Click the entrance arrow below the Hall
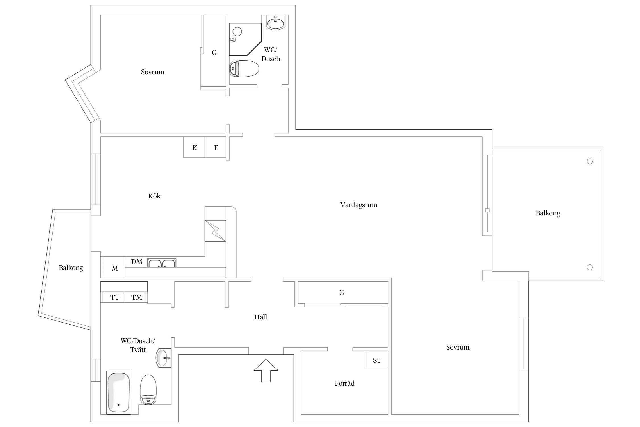[x=266, y=370]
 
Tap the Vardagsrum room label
[x=359, y=205]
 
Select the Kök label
[x=154, y=196]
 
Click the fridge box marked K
[x=194, y=147]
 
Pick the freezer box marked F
[x=215, y=147]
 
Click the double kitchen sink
[x=162, y=263]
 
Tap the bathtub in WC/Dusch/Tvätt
[x=119, y=393]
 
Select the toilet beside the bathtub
[x=148, y=389]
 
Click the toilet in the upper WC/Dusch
[x=244, y=69]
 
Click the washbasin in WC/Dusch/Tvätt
[x=163, y=358]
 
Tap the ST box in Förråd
[x=377, y=360]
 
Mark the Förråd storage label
[x=344, y=383]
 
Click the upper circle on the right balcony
[x=590, y=161]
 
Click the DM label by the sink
[x=137, y=262]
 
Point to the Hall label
[x=261, y=317]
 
